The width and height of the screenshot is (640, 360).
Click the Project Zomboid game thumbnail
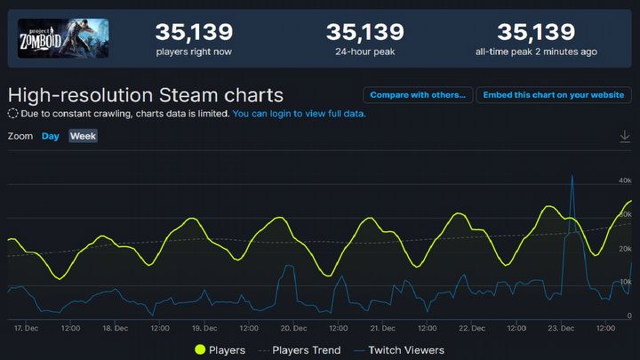63,39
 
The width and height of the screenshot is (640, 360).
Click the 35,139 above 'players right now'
194,33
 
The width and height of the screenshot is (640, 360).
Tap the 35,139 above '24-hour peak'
364,33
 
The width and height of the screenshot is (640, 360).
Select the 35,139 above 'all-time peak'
535,33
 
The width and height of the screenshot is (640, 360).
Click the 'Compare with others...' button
417,95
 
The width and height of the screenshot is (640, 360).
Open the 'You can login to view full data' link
299,114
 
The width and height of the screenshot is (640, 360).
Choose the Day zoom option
51,136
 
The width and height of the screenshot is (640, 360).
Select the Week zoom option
83,136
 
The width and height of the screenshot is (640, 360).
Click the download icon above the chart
625,136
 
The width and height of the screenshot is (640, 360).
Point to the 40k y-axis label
625,180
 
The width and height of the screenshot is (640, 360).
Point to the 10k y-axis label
625,282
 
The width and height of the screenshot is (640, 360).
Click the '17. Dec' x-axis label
25,327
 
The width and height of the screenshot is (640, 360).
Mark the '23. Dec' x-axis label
561,327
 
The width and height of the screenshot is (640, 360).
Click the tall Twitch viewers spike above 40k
572,177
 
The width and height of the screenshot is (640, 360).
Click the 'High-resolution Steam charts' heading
146,95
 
